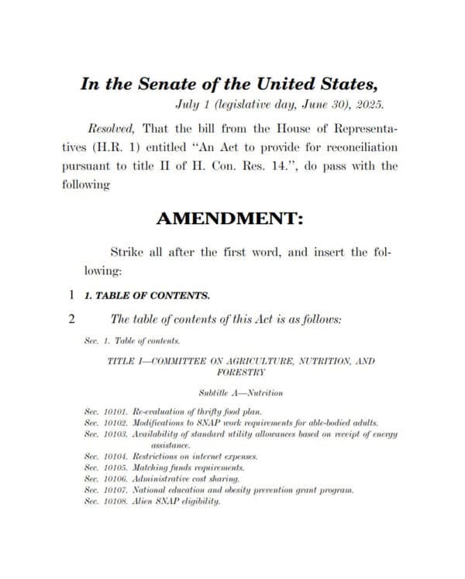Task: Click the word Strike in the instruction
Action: tap(129, 252)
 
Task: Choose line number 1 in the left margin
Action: tap(71, 295)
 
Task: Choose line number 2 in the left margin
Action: tap(71, 319)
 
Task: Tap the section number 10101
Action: tap(115, 411)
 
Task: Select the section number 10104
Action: tap(115, 457)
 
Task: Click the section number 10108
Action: tap(115, 501)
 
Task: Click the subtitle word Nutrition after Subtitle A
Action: tap(264, 393)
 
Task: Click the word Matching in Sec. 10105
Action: tap(153, 468)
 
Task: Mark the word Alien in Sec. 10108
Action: tap(145, 501)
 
